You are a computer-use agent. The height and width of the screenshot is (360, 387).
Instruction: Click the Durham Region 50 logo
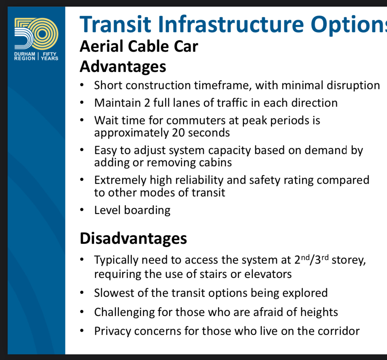(36, 39)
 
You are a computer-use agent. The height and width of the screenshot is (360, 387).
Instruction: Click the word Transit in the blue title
(115, 24)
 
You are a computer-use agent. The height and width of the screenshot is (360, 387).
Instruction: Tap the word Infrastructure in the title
(231, 24)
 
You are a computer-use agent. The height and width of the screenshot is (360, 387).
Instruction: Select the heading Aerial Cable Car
(139, 46)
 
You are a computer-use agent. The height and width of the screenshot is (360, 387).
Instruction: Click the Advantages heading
(123, 67)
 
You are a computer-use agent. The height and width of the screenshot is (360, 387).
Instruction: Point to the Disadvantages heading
(133, 238)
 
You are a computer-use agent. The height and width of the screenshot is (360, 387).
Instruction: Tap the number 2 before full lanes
(147, 103)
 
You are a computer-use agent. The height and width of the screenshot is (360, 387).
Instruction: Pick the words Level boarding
(132, 211)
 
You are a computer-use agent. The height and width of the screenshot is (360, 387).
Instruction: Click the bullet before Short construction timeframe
(82, 85)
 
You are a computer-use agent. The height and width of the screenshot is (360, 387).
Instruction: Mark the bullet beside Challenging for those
(82, 312)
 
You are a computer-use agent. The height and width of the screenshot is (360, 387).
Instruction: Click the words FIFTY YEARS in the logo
(50, 56)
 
